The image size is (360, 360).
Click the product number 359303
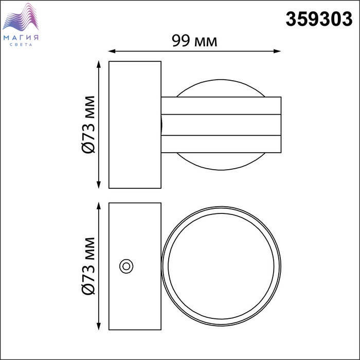pos(319,19)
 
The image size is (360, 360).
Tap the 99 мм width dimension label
pos(194,41)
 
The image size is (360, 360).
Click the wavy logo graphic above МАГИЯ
pos(21,17)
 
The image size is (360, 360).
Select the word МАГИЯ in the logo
pos(21,38)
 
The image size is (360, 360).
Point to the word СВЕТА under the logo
pos(21,45)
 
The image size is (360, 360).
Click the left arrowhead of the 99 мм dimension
pos(112,51)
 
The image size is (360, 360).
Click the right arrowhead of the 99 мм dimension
pos(277,51)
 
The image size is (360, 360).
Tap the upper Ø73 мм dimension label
pos(88,124)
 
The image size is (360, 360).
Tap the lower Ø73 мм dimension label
pos(88,266)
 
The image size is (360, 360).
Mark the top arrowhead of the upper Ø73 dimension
pos(99,64)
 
